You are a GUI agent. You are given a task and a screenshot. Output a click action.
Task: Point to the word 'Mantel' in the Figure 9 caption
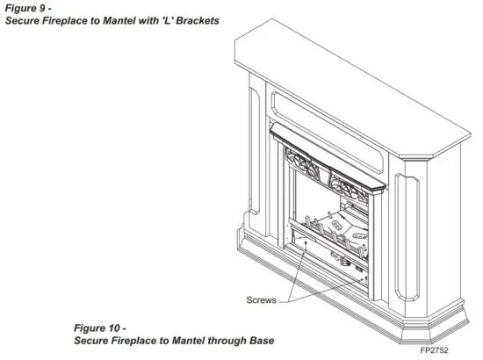click(119, 19)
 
